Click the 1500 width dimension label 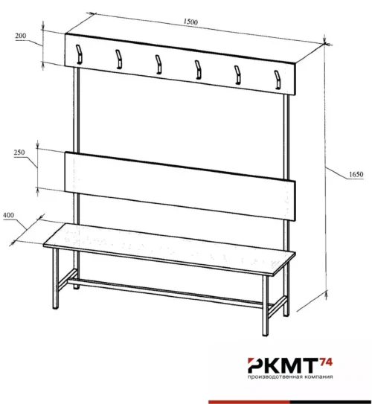point(190,22)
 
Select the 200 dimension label point(21,36)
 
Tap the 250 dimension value point(19,153)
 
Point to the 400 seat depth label point(8,215)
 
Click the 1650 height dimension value point(356,174)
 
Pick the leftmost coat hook point(79,54)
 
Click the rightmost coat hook point(278,80)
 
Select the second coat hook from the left point(119,60)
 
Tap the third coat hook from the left point(158,65)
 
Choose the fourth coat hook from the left point(198,70)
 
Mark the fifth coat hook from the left point(238,74)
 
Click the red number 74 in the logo point(326,362)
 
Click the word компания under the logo point(318,376)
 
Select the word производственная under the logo point(275,377)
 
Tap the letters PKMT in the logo point(283,365)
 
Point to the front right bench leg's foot point(265,334)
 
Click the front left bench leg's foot point(55,307)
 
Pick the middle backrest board point(180,186)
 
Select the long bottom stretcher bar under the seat point(165,293)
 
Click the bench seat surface point(169,249)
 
